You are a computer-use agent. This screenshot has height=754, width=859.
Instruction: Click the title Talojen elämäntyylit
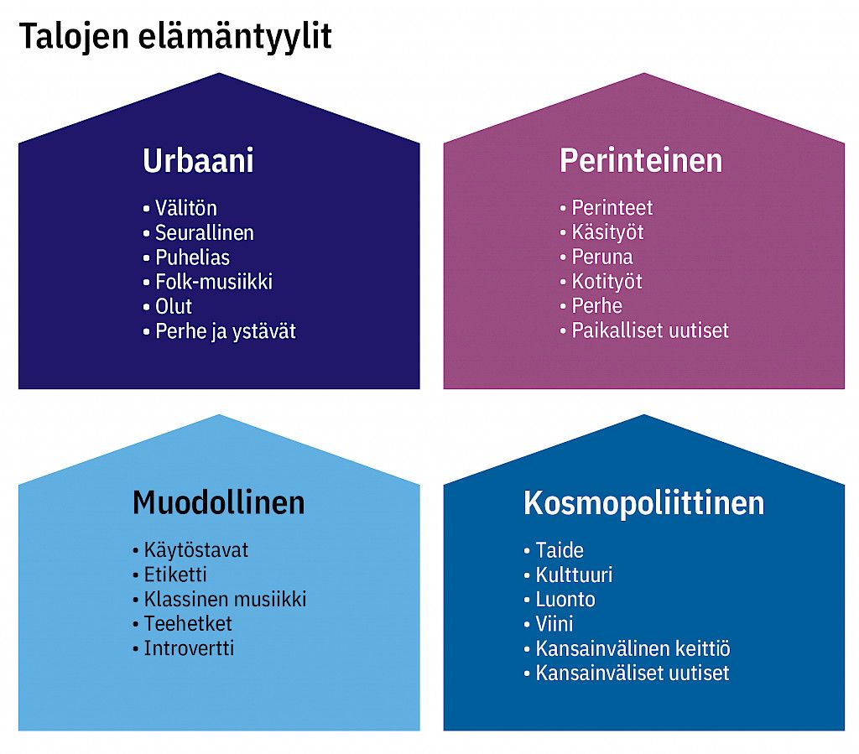point(175,37)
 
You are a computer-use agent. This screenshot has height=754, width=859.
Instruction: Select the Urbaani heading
point(198,160)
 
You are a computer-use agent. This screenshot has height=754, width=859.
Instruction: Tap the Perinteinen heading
point(641,160)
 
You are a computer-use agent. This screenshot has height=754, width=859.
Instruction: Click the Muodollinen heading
point(219,502)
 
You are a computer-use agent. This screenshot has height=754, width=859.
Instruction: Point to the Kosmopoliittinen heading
point(643,502)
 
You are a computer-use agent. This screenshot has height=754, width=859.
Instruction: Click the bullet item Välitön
point(185,208)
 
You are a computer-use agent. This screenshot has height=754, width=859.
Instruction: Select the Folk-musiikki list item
point(214,282)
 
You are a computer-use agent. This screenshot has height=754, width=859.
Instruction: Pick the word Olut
point(174,306)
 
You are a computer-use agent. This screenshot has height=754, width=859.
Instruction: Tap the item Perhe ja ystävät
point(226,331)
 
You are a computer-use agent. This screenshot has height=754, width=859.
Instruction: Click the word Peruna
point(602,257)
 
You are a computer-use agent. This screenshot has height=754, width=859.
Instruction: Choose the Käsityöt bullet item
point(607,232)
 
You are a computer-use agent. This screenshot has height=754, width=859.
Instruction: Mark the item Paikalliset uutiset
point(650,330)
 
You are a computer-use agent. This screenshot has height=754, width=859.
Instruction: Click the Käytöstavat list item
point(196,550)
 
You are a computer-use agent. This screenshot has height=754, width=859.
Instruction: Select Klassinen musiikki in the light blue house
point(225,599)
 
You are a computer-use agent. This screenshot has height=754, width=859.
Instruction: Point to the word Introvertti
point(189,648)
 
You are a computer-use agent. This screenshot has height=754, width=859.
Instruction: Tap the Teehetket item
point(188,624)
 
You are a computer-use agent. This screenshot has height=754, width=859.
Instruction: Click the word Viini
point(554,624)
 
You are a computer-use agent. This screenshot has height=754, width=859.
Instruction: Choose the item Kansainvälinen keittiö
point(633,648)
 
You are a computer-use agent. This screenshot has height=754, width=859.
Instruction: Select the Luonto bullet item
point(565,599)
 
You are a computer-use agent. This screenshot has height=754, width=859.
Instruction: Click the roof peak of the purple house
point(643,73)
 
